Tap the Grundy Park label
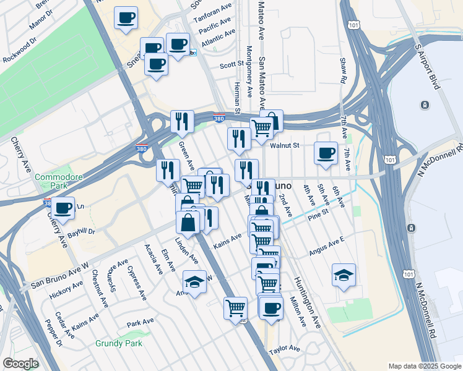click(x=119, y=343)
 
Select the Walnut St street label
click(x=285, y=146)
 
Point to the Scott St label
click(x=232, y=64)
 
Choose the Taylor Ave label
click(x=284, y=349)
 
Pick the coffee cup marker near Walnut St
click(x=326, y=153)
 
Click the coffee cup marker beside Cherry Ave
click(x=63, y=207)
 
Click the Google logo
click(x=21, y=364)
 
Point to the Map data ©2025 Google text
click(x=424, y=366)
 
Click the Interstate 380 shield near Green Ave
click(x=142, y=148)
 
